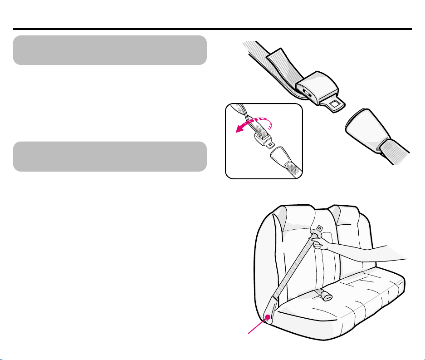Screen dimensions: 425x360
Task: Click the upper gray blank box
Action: pos(110,50)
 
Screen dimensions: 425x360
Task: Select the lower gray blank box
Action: pos(110,156)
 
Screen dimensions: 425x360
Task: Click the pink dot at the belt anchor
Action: pos(268,317)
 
